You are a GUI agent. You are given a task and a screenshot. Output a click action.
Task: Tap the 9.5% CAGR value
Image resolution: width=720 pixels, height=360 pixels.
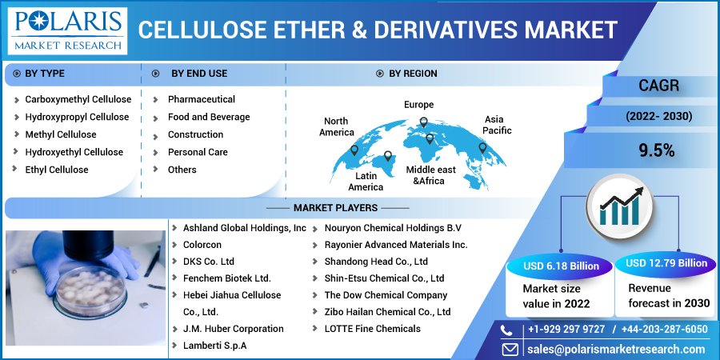pyautogui.click(x=656, y=150)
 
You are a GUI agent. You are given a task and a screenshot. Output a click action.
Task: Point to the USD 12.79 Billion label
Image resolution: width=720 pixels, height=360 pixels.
pyautogui.click(x=666, y=262)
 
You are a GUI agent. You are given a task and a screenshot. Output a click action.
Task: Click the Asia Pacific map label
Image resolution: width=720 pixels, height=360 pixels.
pyautogui.click(x=497, y=125)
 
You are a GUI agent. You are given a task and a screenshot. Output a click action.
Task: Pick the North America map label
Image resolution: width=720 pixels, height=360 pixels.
pyautogui.click(x=336, y=126)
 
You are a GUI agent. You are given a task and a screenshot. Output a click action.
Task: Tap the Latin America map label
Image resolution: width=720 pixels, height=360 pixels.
pyautogui.click(x=366, y=181)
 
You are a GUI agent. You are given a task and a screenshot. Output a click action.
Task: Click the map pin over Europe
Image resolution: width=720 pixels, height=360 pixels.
pyautogui.click(x=424, y=123)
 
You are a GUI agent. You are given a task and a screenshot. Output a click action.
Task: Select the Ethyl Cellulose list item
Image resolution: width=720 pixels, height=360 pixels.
pyautogui.click(x=56, y=170)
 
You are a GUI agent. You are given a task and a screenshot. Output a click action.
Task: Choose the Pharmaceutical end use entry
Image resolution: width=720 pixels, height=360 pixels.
pyautogui.click(x=201, y=99)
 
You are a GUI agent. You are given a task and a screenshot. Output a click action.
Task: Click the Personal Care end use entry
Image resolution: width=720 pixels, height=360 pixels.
pyautogui.click(x=198, y=152)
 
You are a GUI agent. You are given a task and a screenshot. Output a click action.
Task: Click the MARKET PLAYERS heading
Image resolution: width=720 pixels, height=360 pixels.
pyautogui.click(x=334, y=208)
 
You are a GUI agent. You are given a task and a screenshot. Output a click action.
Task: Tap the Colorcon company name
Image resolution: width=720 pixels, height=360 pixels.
pyautogui.click(x=202, y=245)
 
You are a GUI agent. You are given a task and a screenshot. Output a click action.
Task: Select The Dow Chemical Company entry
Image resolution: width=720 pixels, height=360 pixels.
pyautogui.click(x=386, y=295)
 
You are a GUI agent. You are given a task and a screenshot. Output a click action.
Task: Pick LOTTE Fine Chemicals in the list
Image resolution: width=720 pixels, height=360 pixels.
pyautogui.click(x=372, y=329)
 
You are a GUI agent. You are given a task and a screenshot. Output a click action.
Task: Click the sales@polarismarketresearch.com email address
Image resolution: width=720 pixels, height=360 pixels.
pyautogui.click(x=615, y=349)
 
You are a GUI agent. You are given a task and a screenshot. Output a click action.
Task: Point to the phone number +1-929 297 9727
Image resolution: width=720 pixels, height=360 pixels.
pyautogui.click(x=567, y=330)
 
